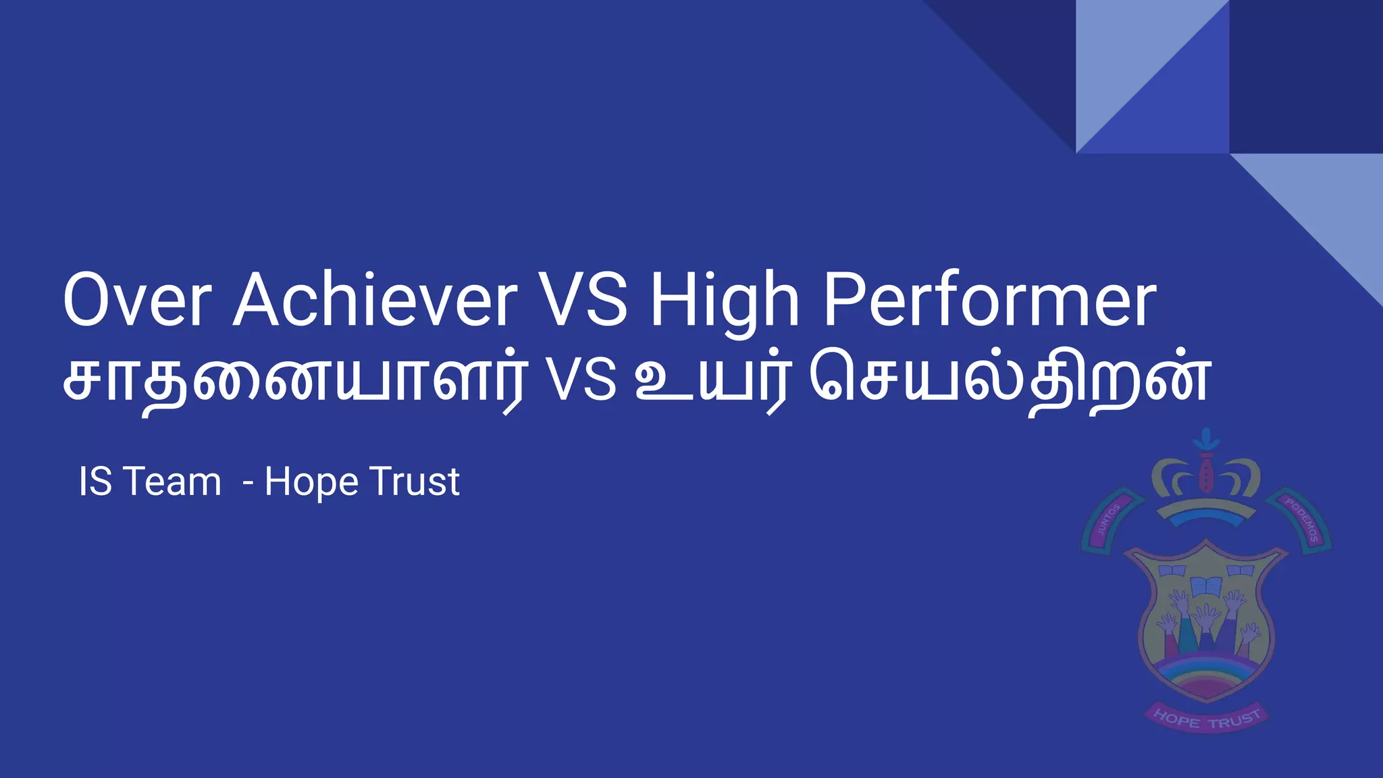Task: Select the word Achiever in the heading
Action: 375,300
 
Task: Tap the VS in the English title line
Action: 583,300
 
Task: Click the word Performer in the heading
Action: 990,300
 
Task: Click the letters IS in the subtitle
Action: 95,482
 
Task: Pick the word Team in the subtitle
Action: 173,482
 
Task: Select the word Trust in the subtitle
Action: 415,482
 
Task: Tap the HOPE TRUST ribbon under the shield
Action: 1206,719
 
